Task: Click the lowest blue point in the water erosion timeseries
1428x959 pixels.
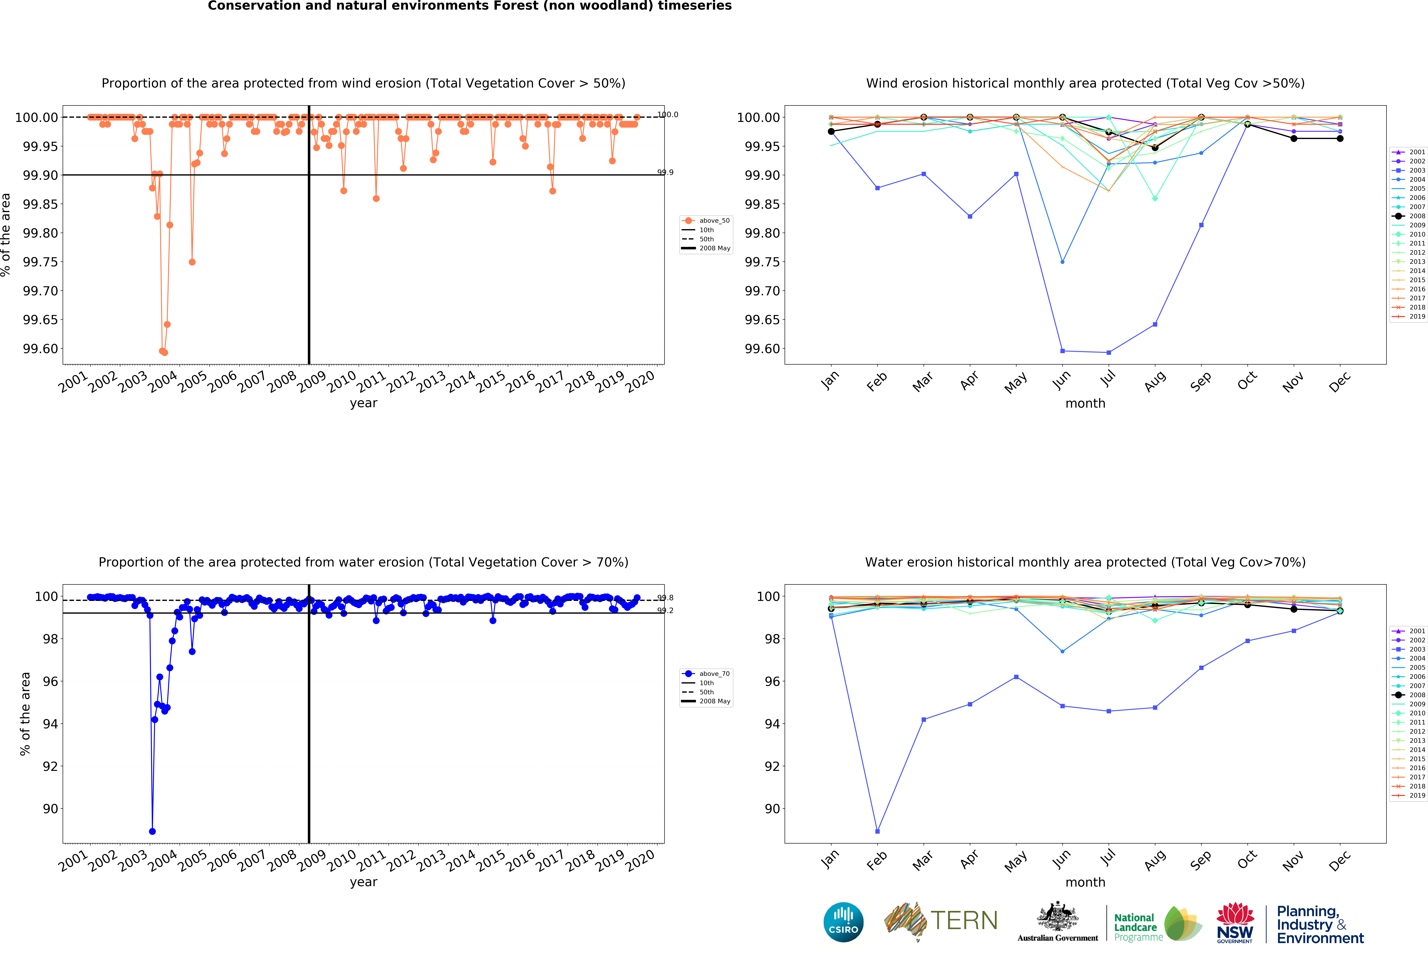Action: point(152,831)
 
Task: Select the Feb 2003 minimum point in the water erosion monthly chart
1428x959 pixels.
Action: point(877,831)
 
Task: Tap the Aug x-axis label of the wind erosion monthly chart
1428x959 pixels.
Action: point(1154,382)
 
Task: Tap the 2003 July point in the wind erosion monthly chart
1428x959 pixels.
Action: point(1109,352)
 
